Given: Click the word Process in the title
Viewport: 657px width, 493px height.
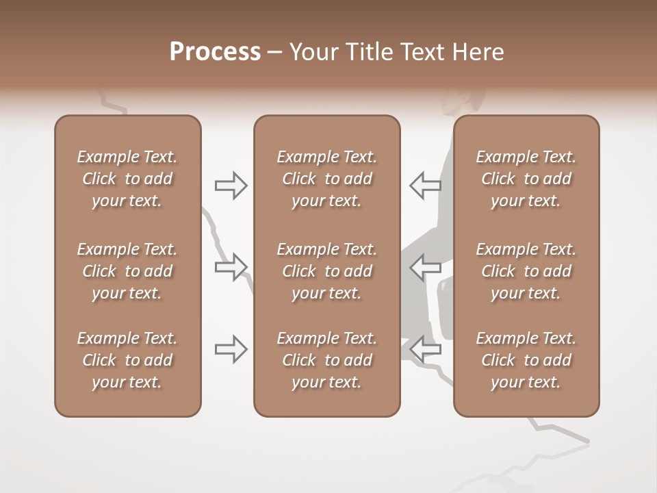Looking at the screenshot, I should [x=215, y=52].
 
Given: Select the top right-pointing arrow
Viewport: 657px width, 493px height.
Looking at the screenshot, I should [x=231, y=186].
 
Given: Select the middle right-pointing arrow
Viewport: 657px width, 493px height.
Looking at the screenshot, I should [x=231, y=266].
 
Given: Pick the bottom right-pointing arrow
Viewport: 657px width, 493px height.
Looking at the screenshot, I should [x=231, y=349].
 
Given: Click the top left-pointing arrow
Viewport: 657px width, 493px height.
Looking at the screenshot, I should [x=425, y=185].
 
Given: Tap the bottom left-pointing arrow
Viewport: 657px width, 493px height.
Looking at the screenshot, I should [x=425, y=349].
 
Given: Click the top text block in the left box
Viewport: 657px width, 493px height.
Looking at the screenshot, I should [x=127, y=179].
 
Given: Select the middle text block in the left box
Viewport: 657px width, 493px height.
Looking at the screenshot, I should [x=127, y=271].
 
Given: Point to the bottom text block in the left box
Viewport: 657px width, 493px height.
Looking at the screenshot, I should [x=127, y=360].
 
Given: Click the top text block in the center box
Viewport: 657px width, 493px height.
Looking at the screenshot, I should [x=326, y=179].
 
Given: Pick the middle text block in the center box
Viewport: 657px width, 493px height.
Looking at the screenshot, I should [x=326, y=271].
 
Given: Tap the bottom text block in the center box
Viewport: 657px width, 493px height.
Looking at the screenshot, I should [x=326, y=360].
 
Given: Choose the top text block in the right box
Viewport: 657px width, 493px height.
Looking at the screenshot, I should [x=526, y=179].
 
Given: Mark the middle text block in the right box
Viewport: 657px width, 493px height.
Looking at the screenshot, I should [x=526, y=271].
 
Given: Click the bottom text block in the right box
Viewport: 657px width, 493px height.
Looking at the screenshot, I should [x=526, y=360].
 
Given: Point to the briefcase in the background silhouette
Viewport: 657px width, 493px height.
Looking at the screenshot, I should [x=446, y=308].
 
